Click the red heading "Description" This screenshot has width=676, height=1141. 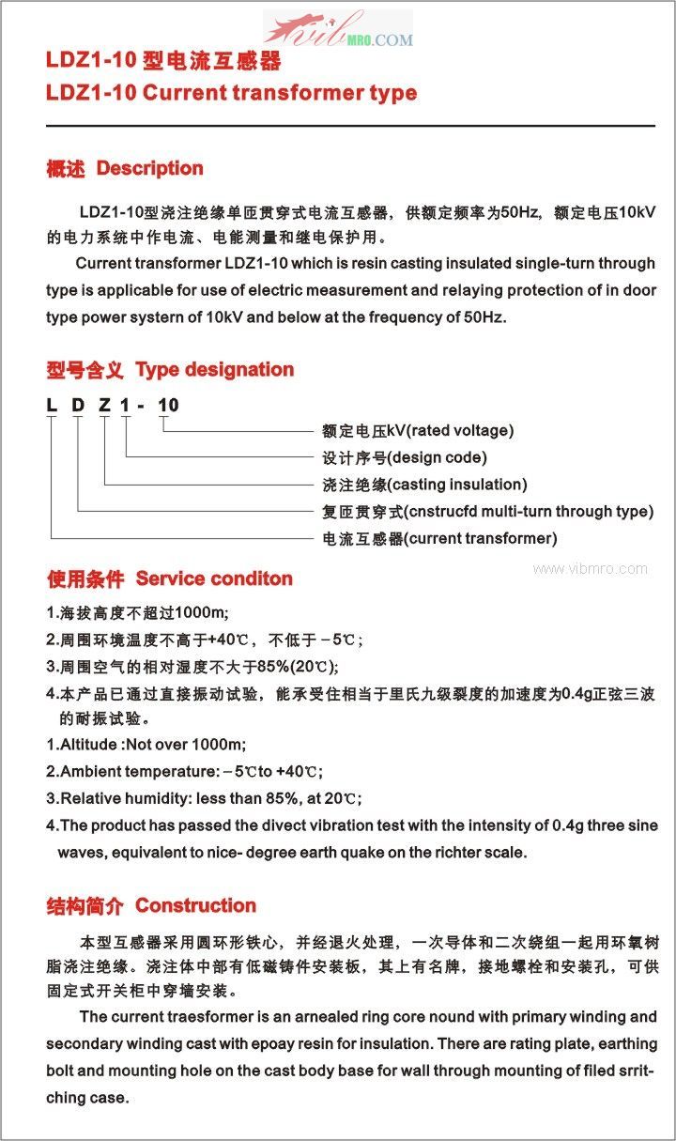(150, 169)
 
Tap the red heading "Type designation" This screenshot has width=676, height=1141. (215, 370)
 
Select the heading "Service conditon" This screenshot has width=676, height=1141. (214, 578)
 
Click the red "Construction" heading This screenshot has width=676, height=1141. (196, 906)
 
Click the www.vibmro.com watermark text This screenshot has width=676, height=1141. (590, 568)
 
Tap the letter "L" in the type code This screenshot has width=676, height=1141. (52, 406)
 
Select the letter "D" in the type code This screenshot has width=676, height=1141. (78, 406)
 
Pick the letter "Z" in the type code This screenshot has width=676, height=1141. (104, 406)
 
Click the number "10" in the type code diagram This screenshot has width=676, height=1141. (168, 406)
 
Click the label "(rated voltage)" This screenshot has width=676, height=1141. (458, 431)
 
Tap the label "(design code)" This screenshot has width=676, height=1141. (437, 458)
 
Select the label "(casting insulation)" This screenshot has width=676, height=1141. (457, 485)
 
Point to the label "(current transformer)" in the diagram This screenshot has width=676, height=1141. (481, 539)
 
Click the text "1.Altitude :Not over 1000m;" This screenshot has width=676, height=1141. (146, 745)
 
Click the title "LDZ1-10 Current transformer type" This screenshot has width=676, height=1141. (231, 93)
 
